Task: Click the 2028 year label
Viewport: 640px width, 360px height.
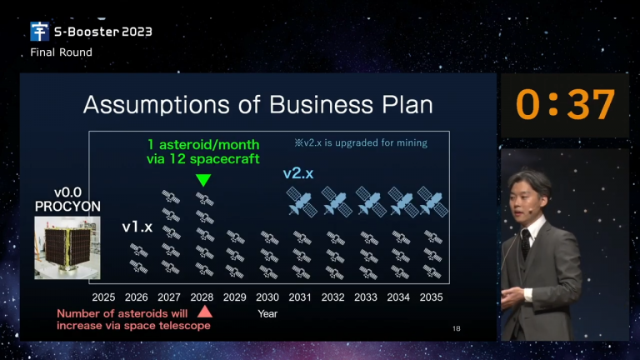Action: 202,297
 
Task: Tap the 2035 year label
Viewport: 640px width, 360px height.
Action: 431,297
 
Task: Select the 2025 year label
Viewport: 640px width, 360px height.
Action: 103,297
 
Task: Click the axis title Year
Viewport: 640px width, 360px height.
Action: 267,313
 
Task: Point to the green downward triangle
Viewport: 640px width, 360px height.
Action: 203,180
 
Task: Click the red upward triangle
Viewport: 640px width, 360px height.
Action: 204,312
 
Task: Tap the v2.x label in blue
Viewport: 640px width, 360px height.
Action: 298,173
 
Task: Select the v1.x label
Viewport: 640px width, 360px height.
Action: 137,227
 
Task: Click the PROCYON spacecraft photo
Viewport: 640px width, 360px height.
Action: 67,247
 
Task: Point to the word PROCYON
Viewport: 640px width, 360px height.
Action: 67,207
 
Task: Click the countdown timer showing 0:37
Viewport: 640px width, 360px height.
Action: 565,104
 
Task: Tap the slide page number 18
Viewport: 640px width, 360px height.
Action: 457,328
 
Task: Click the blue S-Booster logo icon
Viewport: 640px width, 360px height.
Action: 40,32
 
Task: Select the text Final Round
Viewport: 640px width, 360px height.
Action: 61,52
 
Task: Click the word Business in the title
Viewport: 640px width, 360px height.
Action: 321,104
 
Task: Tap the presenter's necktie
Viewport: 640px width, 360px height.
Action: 526,242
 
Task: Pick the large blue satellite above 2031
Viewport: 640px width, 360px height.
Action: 302,202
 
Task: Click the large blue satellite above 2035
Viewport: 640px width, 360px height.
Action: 432,202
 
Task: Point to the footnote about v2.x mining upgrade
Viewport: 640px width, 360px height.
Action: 361,142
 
